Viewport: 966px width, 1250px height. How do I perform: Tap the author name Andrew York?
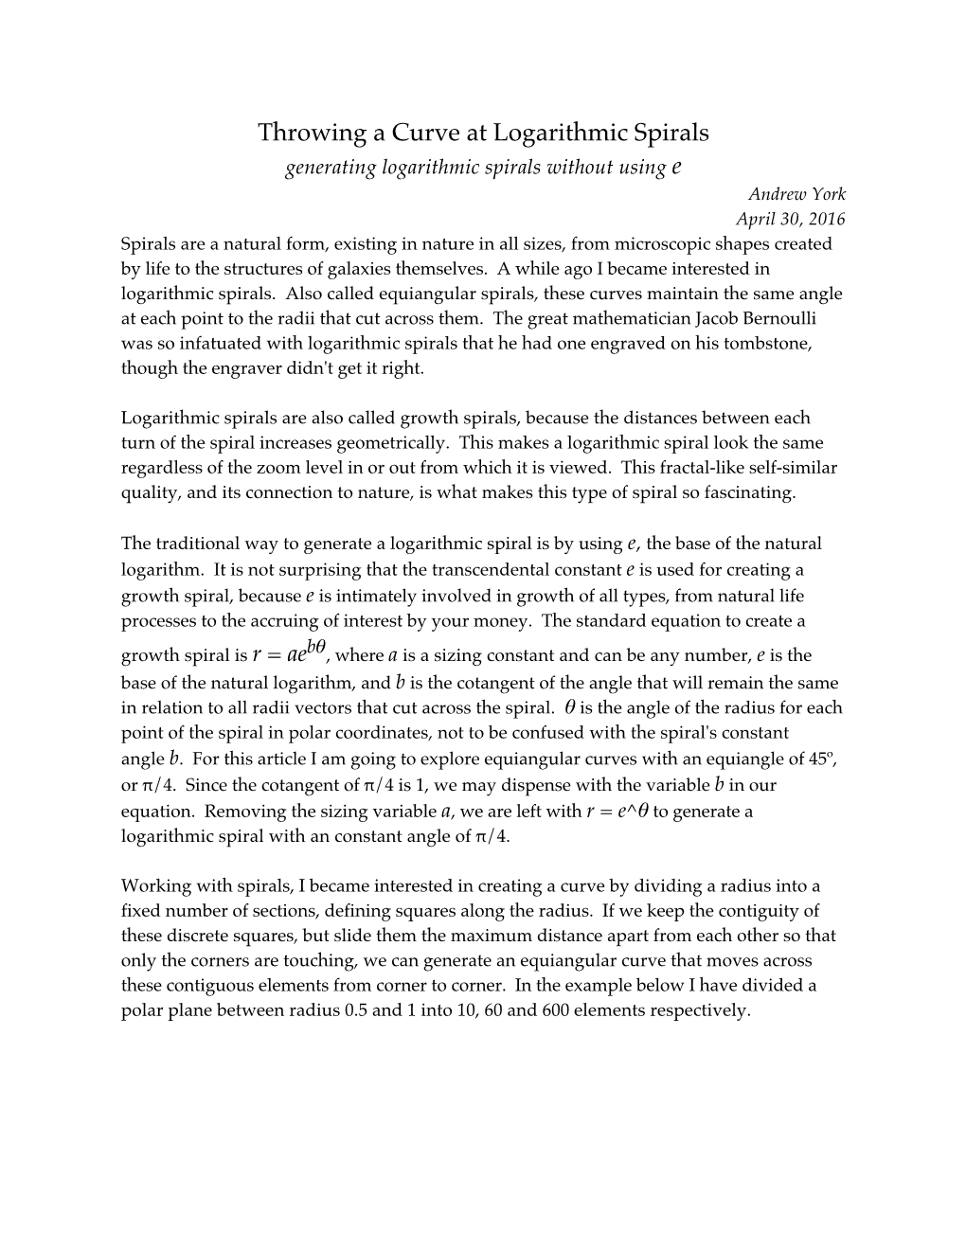(796, 194)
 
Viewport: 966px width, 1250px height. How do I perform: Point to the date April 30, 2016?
(791, 219)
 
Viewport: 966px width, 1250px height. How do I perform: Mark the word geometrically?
(400, 442)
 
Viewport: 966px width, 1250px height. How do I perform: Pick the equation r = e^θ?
(617, 811)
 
